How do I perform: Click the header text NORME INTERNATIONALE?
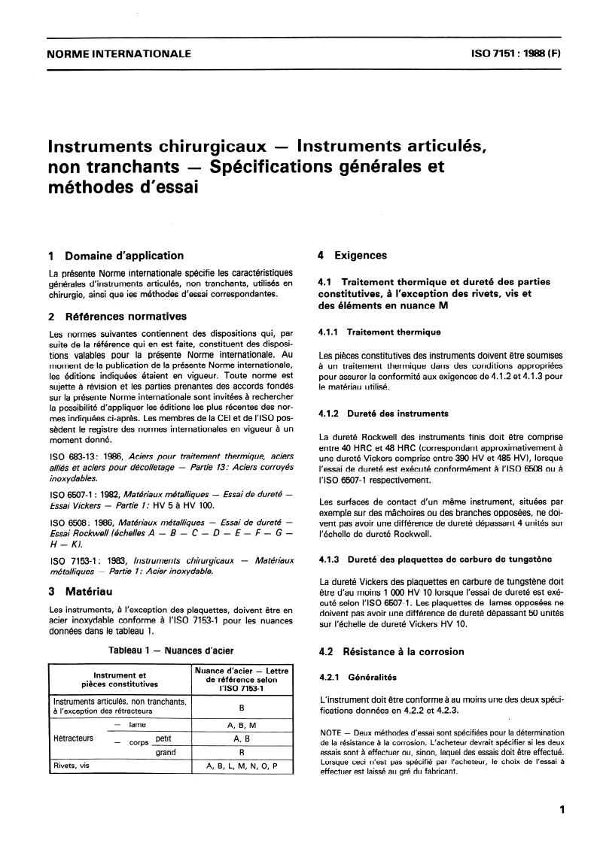point(119,54)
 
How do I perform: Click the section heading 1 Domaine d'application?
point(115,256)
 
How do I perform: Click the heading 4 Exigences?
point(350,256)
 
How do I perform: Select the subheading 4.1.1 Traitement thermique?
point(379,332)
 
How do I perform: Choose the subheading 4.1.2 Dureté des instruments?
point(383,413)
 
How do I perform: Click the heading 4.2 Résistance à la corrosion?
point(391,651)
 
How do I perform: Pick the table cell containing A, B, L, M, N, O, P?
point(242,766)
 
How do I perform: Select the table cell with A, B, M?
point(242,724)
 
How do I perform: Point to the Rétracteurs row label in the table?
point(73,738)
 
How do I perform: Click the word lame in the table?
point(137,724)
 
